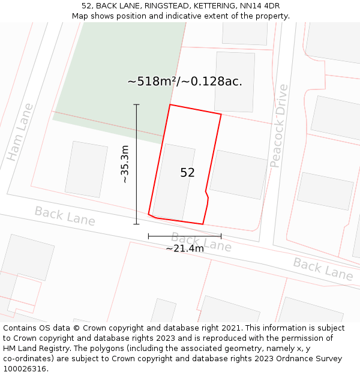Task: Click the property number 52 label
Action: (187, 173)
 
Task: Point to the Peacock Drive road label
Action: (279, 126)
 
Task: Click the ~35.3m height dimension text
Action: (124, 164)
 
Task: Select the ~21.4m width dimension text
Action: (185, 248)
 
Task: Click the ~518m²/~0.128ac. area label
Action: (185, 82)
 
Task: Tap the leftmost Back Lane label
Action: (65, 216)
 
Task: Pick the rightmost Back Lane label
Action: (323, 269)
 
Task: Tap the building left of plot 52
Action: (85, 169)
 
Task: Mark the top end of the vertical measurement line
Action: (136, 105)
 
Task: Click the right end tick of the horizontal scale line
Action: (221, 236)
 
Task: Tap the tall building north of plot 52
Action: (235, 81)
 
